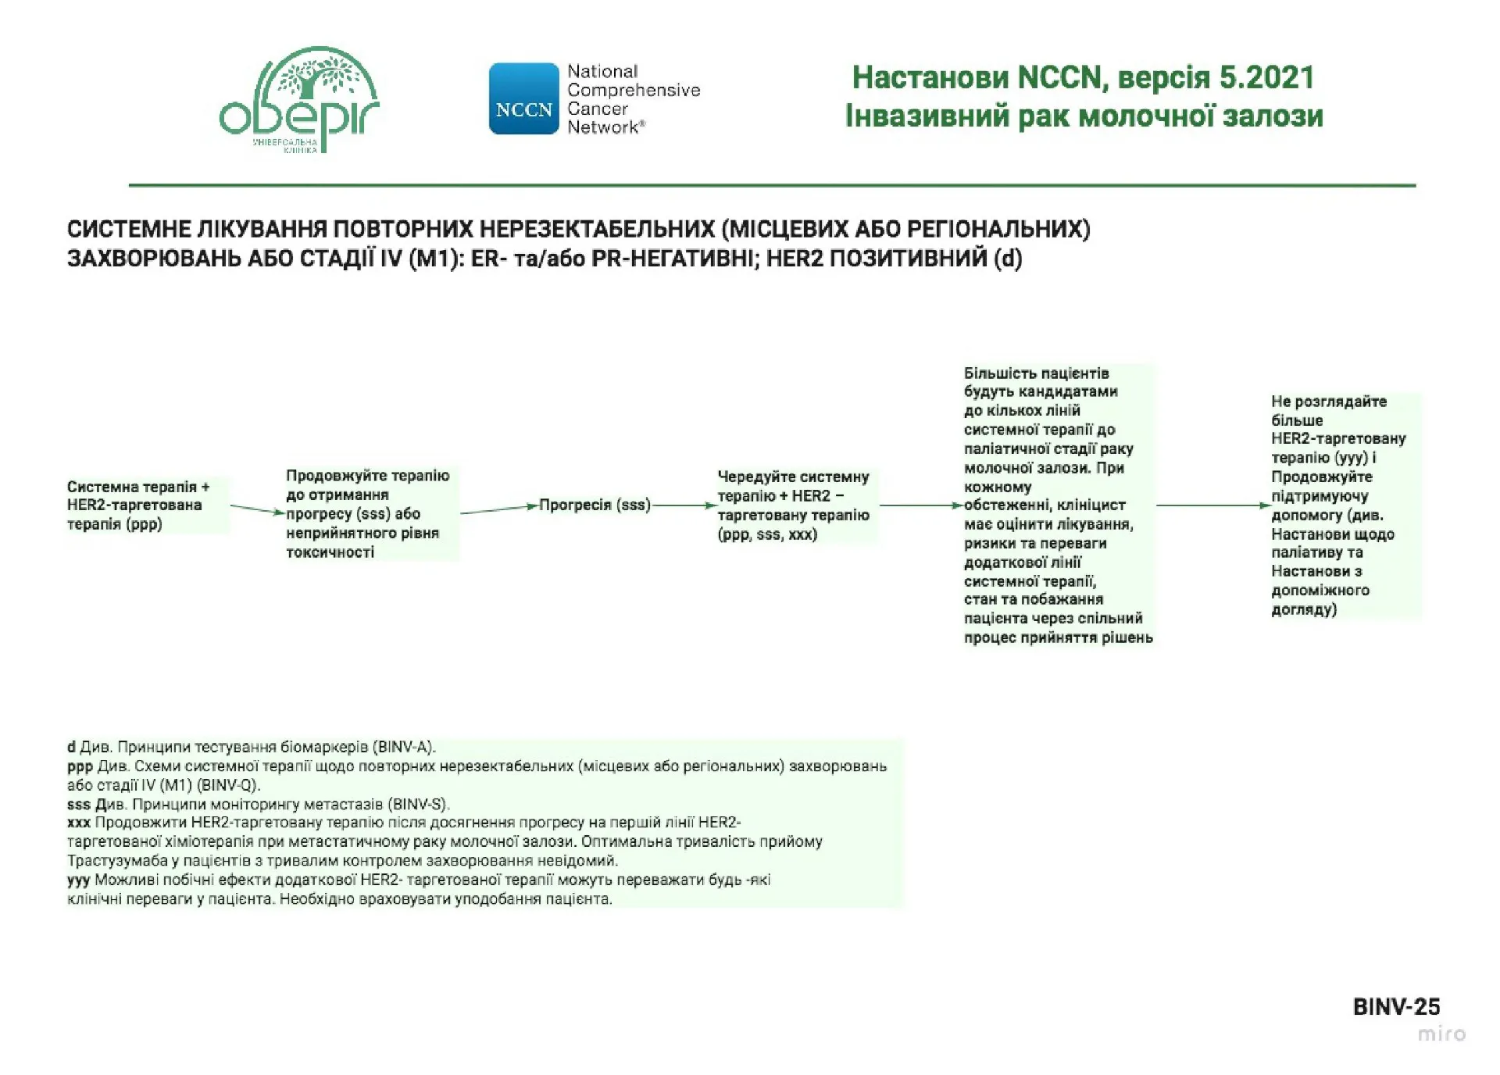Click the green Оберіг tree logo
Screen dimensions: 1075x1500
299,98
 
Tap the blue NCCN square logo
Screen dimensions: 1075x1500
523,99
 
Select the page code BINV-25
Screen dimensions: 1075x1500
1396,1006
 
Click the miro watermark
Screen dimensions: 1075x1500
1441,1034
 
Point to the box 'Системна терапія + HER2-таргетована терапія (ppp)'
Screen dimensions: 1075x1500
138,505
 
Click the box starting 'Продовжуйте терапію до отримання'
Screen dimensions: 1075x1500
367,513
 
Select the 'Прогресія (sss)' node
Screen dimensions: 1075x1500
595,505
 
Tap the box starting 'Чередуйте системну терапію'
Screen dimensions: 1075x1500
794,505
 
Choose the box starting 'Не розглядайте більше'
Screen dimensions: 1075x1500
1337,505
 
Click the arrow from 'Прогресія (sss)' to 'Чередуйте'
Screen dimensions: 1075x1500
684,505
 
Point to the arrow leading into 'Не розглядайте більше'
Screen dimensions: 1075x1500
1213,505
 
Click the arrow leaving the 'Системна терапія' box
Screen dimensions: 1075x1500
257,509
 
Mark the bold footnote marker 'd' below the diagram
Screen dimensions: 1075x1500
71,747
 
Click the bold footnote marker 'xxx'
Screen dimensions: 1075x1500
79,823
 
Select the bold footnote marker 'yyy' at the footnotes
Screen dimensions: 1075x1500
79,880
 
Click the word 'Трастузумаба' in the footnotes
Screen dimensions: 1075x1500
117,861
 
